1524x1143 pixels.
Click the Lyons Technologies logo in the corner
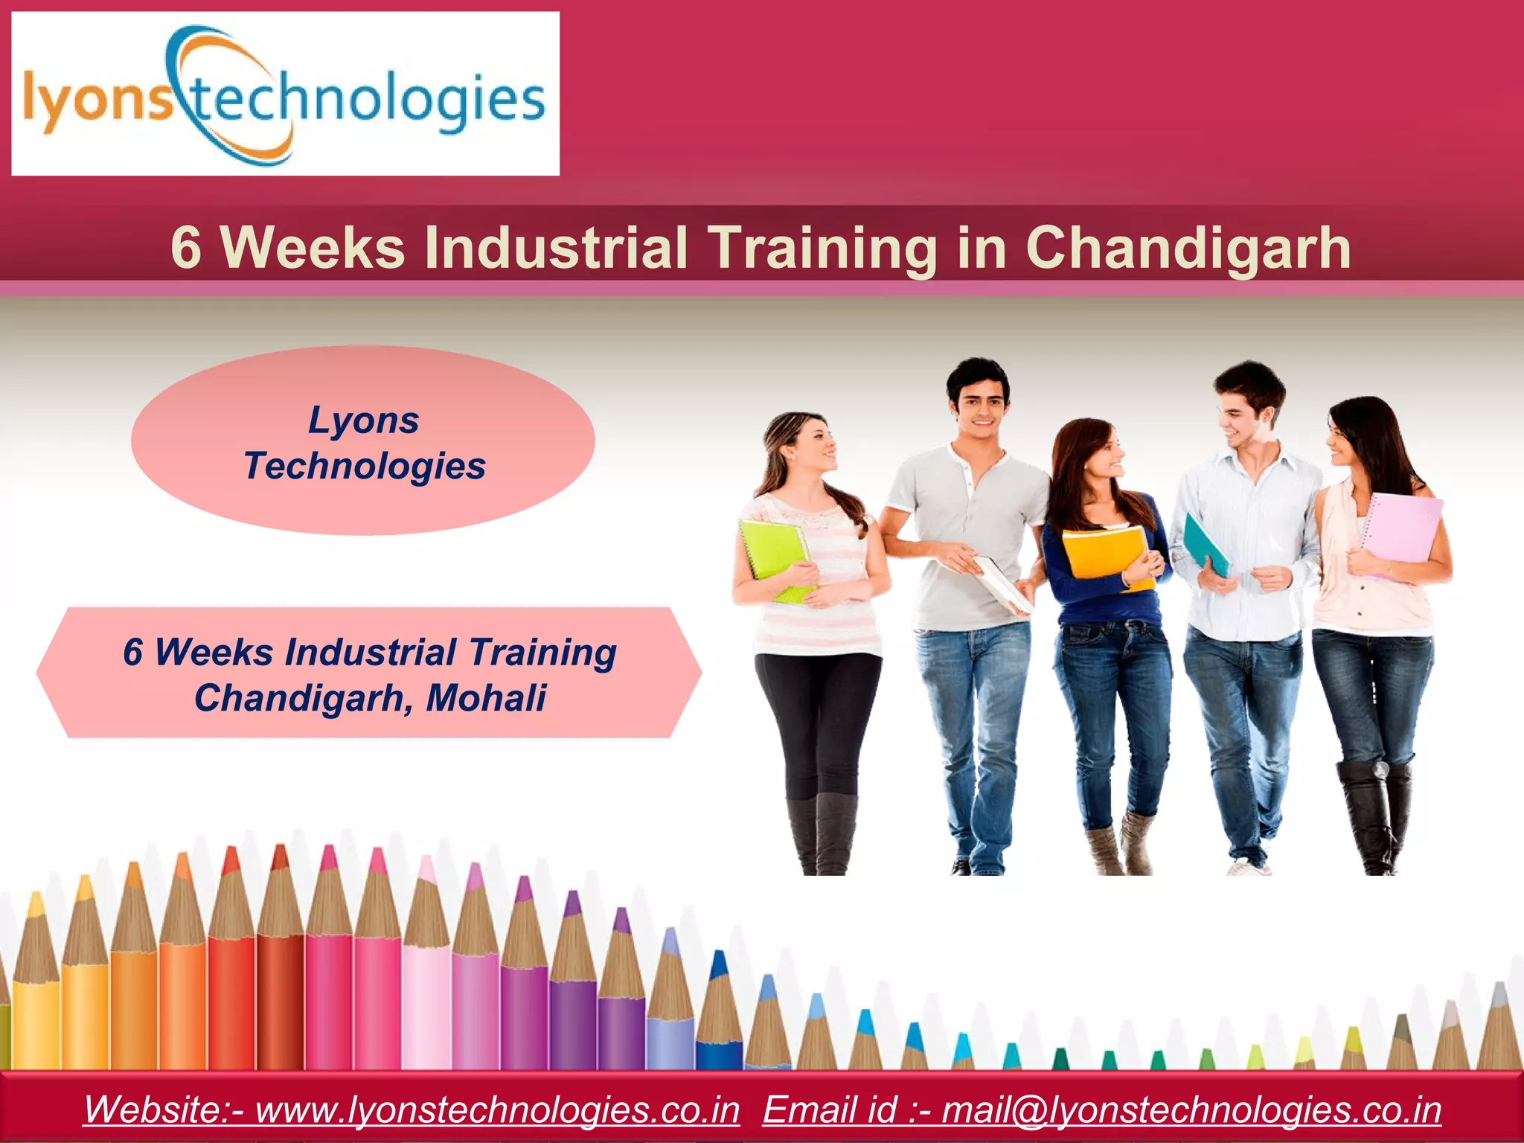(x=285, y=94)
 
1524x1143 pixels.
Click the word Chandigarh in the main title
(x=1188, y=248)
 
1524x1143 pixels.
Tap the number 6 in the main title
(x=186, y=248)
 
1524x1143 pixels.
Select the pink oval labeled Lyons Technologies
(x=363, y=441)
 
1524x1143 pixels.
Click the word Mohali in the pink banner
(x=486, y=698)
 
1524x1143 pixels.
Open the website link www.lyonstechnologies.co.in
(x=497, y=1110)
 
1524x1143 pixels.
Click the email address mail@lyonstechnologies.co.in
(x=1191, y=1110)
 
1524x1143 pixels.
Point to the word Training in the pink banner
(x=542, y=652)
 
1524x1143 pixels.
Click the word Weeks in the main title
(x=313, y=248)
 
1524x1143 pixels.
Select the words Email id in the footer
(x=830, y=1110)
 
